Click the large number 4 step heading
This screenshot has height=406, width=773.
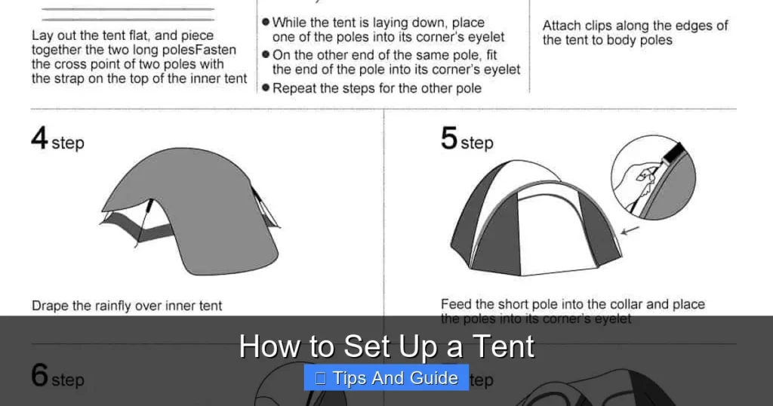tap(57, 140)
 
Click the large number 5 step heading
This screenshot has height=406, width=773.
tap(466, 140)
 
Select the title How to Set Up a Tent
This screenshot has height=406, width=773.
tap(386, 346)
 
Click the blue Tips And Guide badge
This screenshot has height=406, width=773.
tap(386, 378)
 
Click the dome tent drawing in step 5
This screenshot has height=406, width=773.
tap(536, 226)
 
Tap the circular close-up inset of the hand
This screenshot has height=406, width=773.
tap(651, 178)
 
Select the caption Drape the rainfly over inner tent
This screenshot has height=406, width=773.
tap(127, 306)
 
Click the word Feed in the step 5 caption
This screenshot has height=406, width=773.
tap(456, 305)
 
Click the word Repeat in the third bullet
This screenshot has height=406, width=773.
tap(294, 88)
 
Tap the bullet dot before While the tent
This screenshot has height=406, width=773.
tap(266, 23)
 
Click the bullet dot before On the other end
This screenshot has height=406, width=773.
tap(266, 55)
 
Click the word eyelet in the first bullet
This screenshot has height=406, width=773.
tap(486, 37)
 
